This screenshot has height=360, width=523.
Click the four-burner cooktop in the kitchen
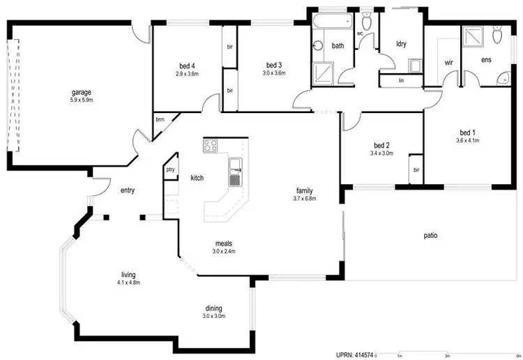click(210, 146)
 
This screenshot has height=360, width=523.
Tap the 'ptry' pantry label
click(169, 170)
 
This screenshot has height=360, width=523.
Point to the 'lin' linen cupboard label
click(401, 80)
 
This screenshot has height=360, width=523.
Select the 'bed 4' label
click(187, 66)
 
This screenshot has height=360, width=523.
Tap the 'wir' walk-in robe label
click(449, 61)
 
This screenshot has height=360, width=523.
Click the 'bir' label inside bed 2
click(416, 170)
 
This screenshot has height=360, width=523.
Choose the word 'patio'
click(430, 236)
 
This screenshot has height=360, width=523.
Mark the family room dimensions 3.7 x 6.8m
click(304, 198)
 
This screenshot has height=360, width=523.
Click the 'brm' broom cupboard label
click(160, 118)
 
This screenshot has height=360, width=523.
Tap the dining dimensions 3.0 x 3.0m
click(214, 315)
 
